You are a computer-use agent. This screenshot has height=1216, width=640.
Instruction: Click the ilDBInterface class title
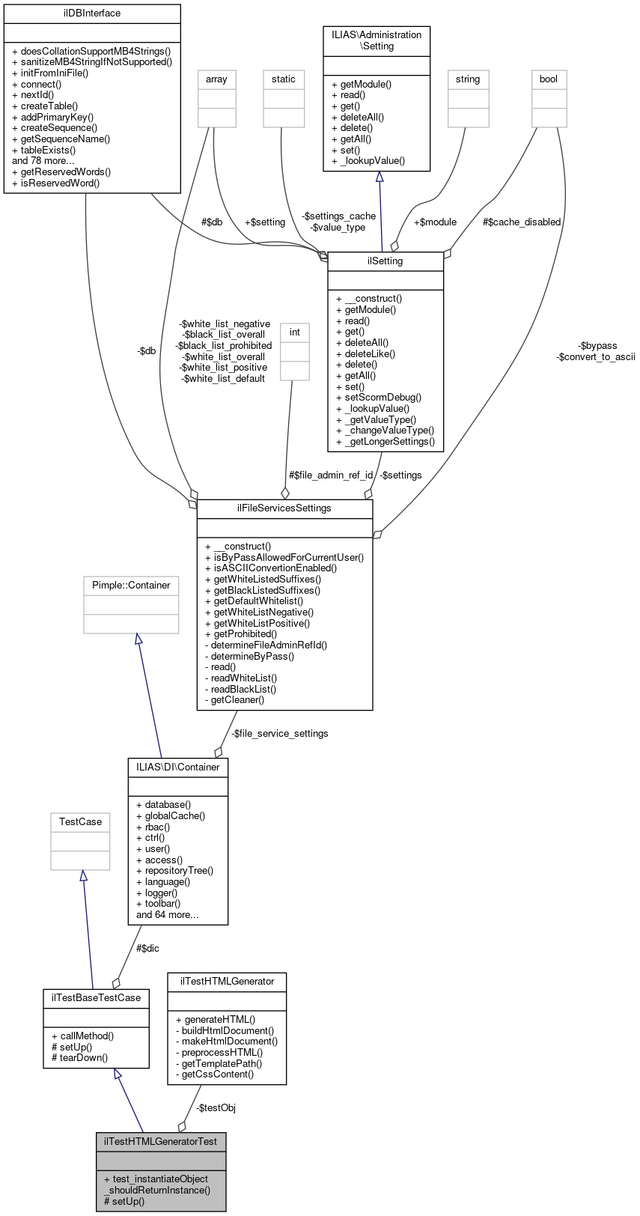pyautogui.click(x=92, y=13)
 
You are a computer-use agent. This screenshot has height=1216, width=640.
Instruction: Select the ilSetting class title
pyautogui.click(x=385, y=261)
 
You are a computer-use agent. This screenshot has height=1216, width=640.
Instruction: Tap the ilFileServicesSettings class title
pyautogui.click(x=284, y=508)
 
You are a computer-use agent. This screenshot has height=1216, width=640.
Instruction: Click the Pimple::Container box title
pyautogui.click(x=131, y=586)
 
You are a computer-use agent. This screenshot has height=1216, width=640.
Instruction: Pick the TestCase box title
pyautogui.click(x=80, y=822)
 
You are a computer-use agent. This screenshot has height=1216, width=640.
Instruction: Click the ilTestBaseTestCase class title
pyautogui.click(x=96, y=998)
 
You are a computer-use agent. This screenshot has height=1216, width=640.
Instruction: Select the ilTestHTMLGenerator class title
pyautogui.click(x=227, y=982)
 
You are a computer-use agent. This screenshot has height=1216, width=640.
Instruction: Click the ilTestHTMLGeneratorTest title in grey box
pyautogui.click(x=161, y=1142)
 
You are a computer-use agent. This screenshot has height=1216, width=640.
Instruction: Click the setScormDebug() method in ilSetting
pyautogui.click(x=383, y=398)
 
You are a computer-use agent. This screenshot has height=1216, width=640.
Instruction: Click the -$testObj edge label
pyautogui.click(x=217, y=1108)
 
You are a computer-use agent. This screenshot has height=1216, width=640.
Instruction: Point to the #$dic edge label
pyautogui.click(x=147, y=949)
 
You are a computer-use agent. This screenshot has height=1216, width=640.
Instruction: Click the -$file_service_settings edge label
pyautogui.click(x=281, y=734)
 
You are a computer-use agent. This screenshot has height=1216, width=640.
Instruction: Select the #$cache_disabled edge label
pyautogui.click(x=522, y=222)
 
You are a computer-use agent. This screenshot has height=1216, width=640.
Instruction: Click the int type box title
pyautogui.click(x=295, y=332)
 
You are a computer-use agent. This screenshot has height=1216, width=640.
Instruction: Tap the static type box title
pyautogui.click(x=284, y=79)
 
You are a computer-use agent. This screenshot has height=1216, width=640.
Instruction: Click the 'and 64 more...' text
pyautogui.click(x=168, y=915)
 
